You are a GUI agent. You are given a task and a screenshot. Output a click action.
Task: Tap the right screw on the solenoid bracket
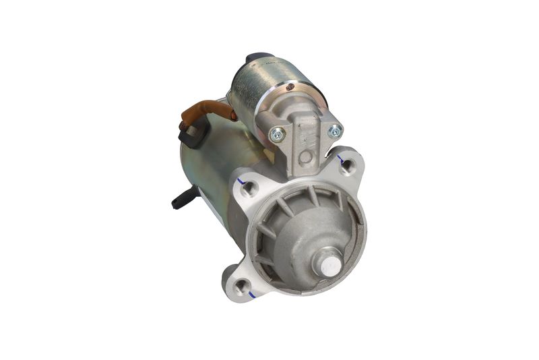coord(334,131)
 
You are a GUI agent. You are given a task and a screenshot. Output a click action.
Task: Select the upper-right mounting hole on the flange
coord(347,166)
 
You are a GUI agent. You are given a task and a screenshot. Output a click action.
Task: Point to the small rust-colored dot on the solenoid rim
coord(290,86)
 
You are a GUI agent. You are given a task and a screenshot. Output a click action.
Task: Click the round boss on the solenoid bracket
coord(306,158)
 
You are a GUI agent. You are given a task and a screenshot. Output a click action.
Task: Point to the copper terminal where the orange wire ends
coord(233,115)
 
